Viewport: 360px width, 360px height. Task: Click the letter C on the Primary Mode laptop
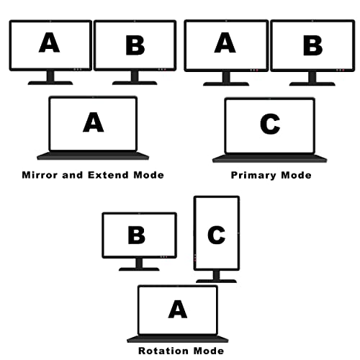[270, 124]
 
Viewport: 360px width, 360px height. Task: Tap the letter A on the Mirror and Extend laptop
[94, 122]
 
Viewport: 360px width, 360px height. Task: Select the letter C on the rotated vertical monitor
[216, 235]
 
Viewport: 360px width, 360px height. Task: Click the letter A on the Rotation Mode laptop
[178, 309]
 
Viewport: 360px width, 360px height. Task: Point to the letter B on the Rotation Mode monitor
[137, 235]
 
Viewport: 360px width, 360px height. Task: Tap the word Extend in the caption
[108, 175]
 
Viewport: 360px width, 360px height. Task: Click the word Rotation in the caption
[164, 351]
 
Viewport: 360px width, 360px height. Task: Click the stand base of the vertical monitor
[216, 281]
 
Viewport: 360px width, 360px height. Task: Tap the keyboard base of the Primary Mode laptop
[269, 158]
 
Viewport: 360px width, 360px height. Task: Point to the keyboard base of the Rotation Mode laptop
[178, 338]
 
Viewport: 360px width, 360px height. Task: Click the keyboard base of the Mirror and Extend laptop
[93, 156]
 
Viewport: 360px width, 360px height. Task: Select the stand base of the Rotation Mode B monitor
[139, 269]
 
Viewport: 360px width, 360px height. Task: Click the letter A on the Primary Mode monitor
[225, 42]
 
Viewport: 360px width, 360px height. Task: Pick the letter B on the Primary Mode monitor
[312, 45]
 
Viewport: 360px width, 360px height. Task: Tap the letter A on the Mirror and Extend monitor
[49, 42]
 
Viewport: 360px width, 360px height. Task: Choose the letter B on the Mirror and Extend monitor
[135, 45]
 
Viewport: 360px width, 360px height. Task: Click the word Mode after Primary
[296, 176]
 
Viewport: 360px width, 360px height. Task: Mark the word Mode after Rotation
[209, 351]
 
